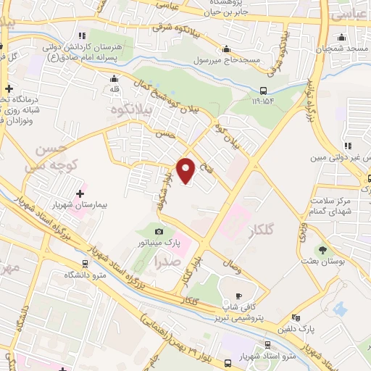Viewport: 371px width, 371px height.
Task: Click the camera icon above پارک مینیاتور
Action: [159, 231]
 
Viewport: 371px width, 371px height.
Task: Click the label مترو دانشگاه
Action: [86, 275]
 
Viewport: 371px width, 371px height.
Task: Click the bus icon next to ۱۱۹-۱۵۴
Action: [263, 91]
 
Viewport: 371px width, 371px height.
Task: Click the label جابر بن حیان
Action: [224, 12]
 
